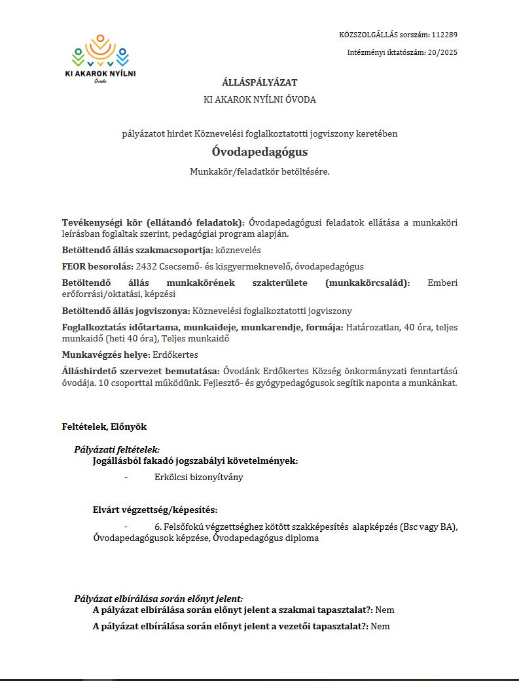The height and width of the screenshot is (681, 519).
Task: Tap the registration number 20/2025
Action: tap(442, 53)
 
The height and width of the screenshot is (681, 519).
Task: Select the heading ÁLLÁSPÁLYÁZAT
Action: tap(259, 83)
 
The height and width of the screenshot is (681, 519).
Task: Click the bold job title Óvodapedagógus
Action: tap(259, 152)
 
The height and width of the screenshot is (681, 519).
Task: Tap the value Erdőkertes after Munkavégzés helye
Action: tap(176, 355)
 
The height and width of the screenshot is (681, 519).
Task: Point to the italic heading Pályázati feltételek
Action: tap(116, 450)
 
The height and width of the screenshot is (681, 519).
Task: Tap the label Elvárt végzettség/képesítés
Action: tap(155, 510)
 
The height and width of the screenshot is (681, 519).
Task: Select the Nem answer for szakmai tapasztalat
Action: tap(385, 610)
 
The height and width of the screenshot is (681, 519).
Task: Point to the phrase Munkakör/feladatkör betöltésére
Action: tap(259, 172)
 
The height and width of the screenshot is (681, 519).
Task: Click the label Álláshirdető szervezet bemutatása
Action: tap(140, 371)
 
